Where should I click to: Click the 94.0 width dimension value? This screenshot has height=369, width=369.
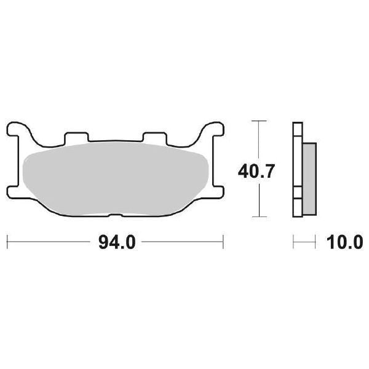(x=116, y=242)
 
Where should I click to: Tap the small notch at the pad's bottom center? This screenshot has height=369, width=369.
(x=115, y=213)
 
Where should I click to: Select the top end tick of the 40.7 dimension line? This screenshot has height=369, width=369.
(x=259, y=121)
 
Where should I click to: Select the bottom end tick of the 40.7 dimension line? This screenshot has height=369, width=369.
(x=259, y=216)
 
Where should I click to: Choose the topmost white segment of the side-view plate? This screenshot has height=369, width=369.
(x=298, y=129)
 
